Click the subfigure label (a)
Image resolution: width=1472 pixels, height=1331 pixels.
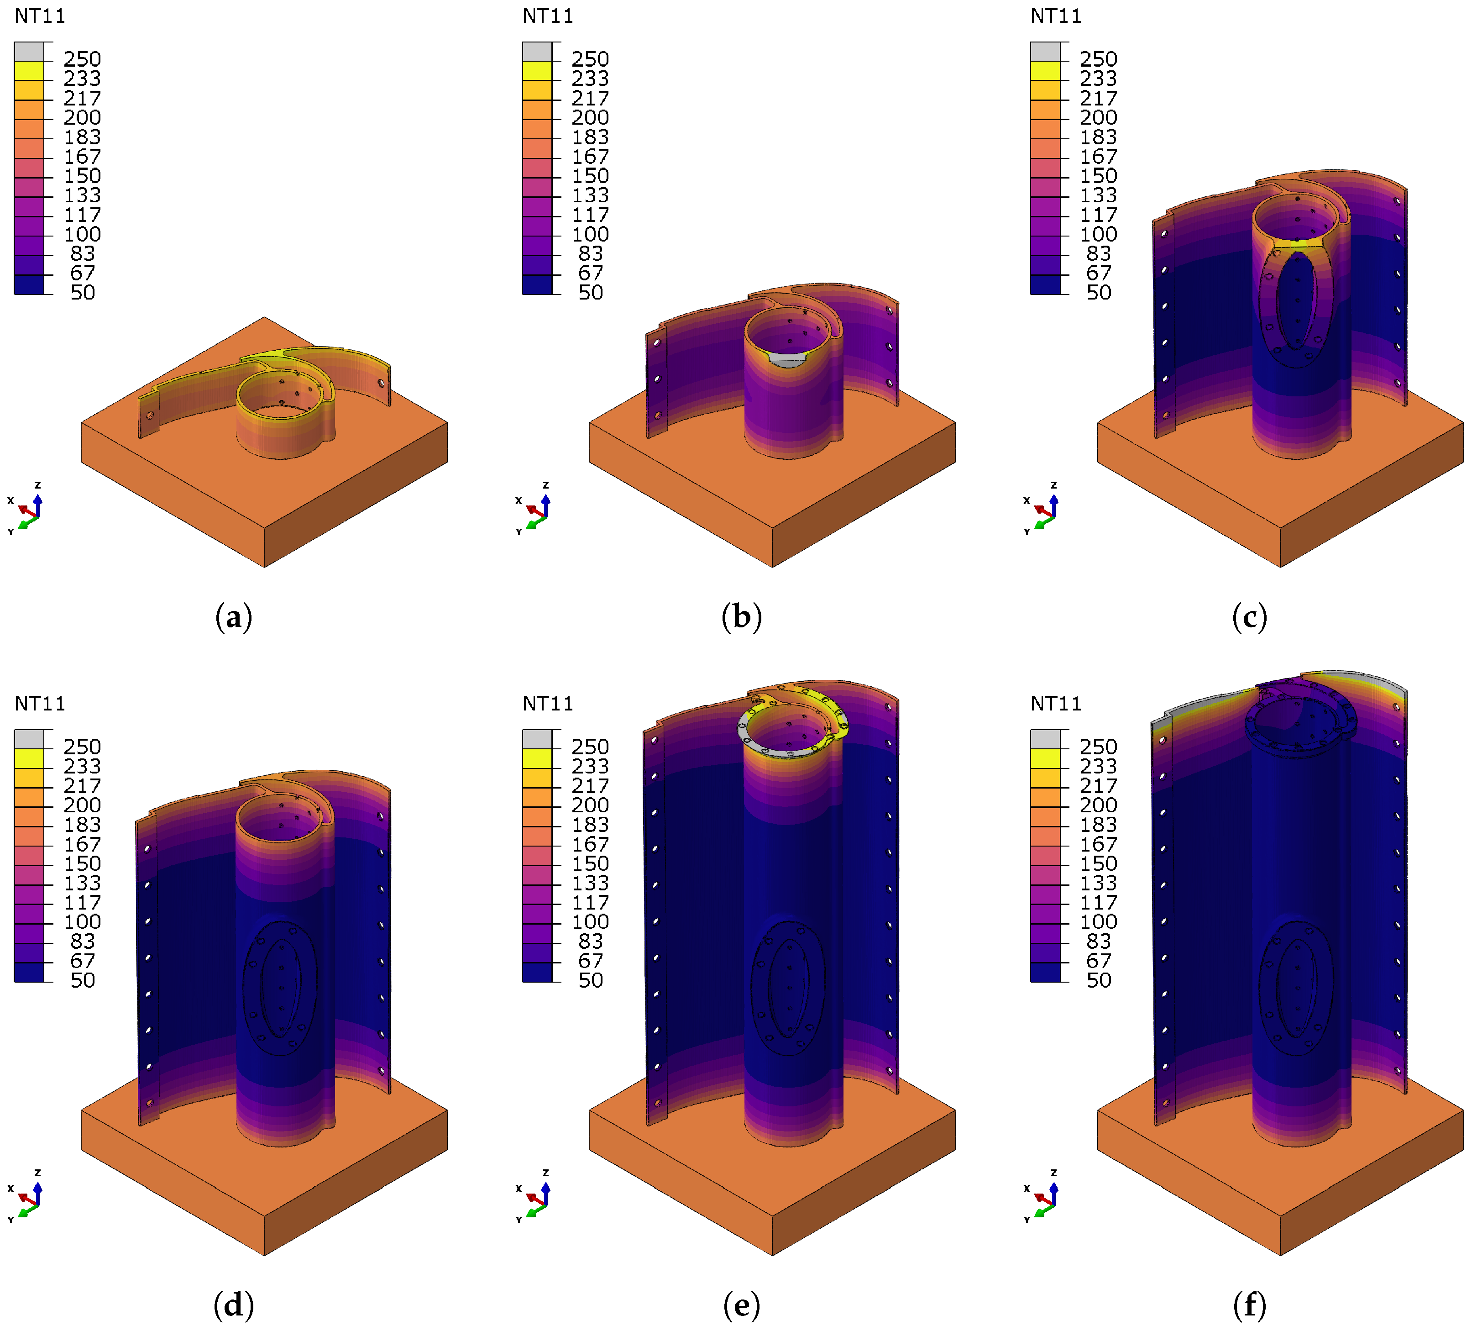click(x=234, y=617)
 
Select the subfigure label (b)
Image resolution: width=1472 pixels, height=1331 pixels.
click(x=742, y=617)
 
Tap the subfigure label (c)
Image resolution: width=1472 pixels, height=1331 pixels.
click(x=1249, y=617)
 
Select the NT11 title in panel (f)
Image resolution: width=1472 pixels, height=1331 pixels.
click(x=1056, y=704)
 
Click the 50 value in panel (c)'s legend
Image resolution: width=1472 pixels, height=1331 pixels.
click(x=1099, y=292)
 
